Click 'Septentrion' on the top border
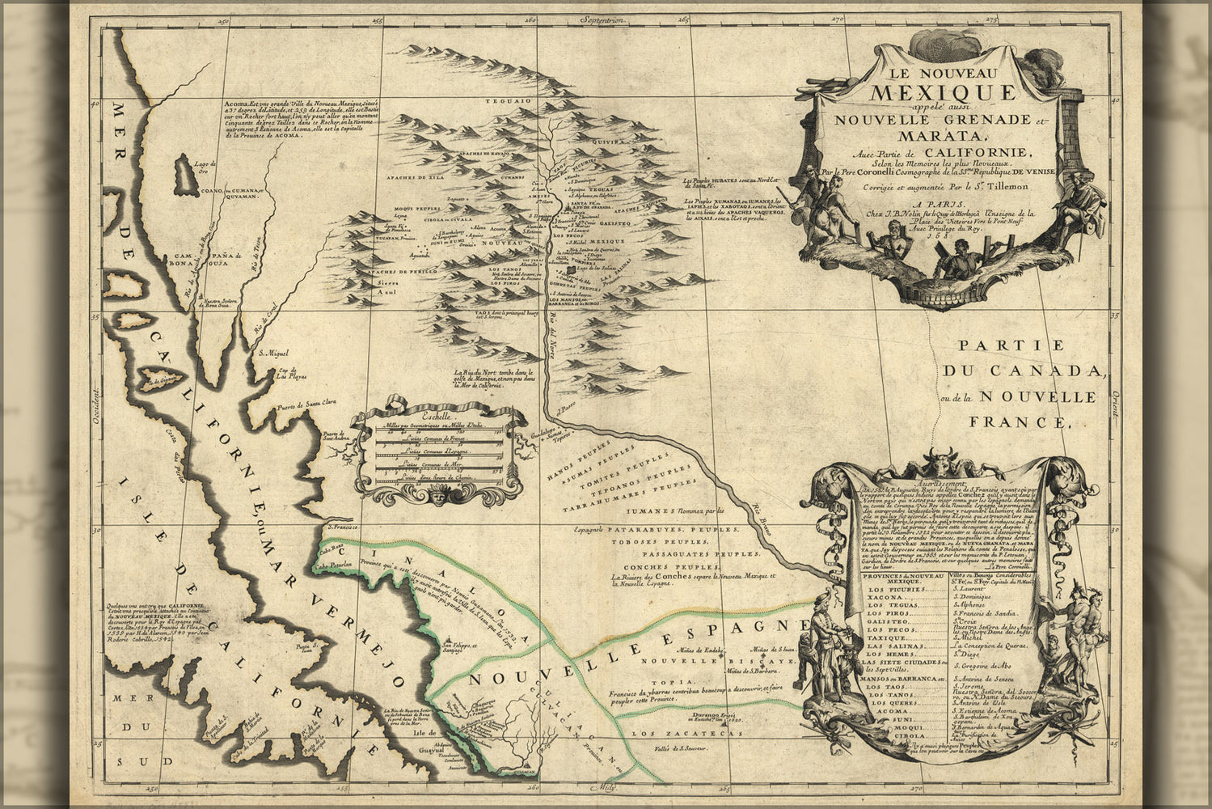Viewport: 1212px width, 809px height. pos(610,15)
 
